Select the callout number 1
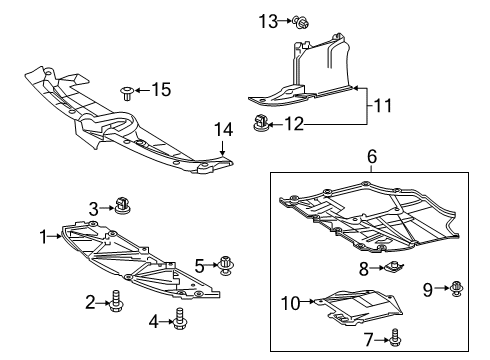click(x=43, y=236)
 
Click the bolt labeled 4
click(x=181, y=319)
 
